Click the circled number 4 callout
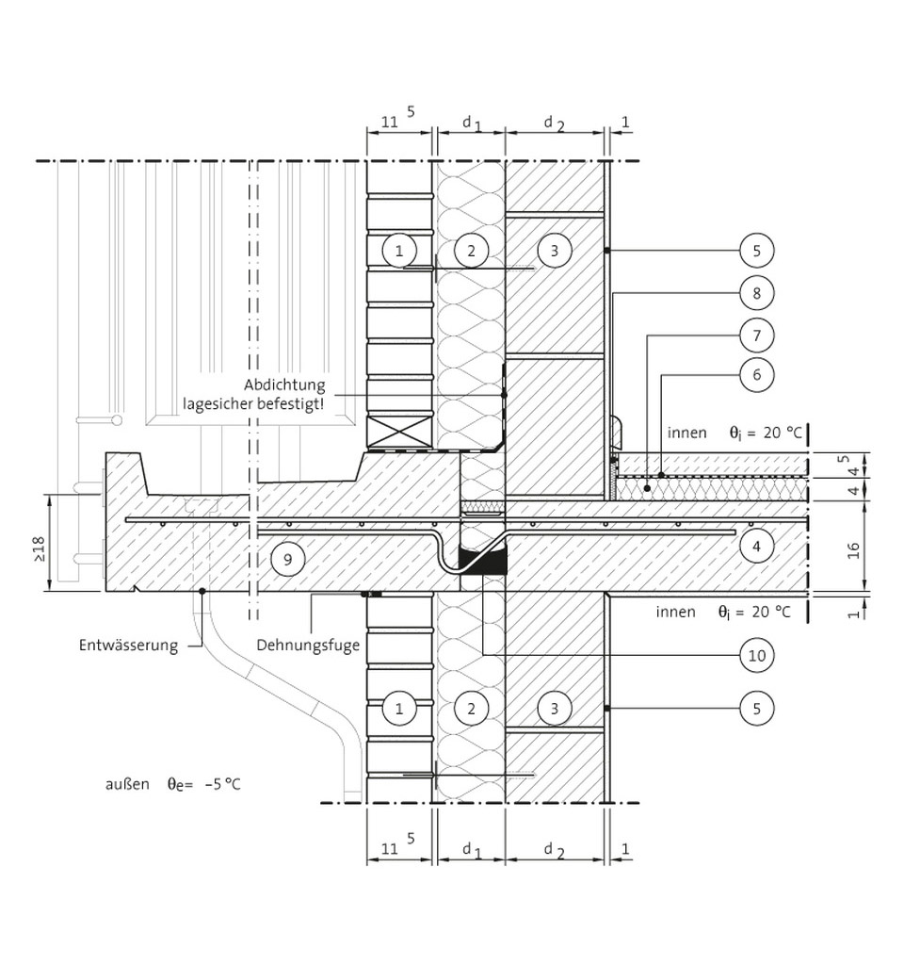click(756, 544)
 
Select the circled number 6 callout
click(756, 374)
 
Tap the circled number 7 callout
click(756, 335)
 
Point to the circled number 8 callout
click(756, 293)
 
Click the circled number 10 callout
click(756, 655)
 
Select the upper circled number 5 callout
click(756, 251)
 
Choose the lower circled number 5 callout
click(756, 708)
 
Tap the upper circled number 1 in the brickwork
click(399, 251)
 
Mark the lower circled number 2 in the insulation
click(470, 708)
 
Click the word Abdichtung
click(284, 385)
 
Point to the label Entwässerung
click(128, 646)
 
